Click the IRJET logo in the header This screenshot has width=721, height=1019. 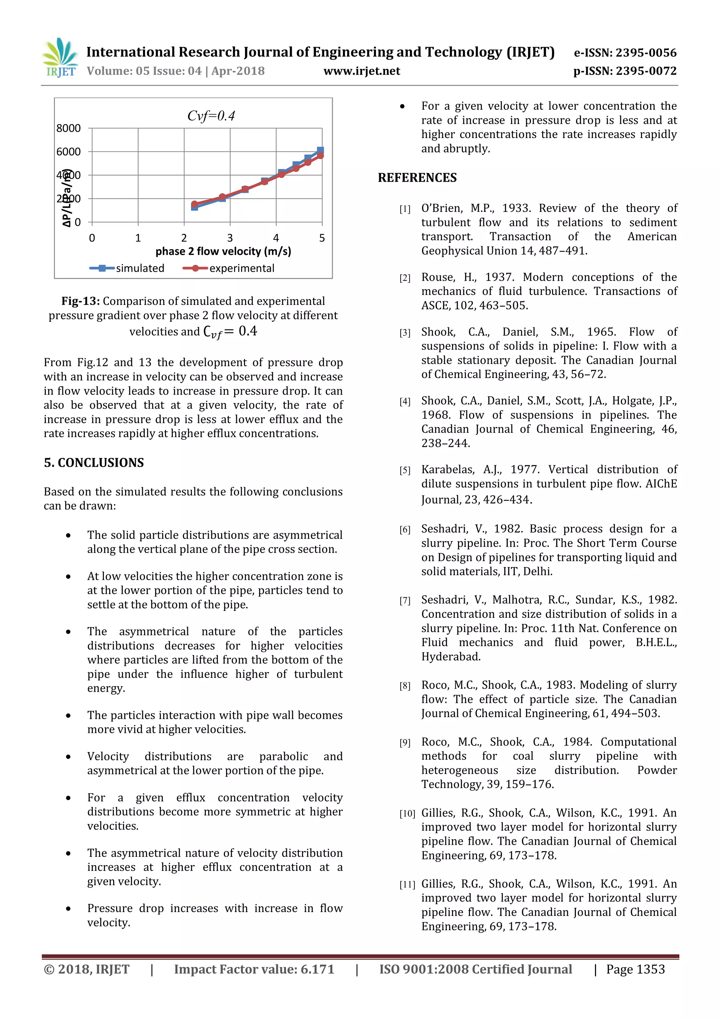(x=60, y=58)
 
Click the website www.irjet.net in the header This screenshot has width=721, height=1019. (x=362, y=71)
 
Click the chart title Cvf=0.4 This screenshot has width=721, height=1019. (x=211, y=116)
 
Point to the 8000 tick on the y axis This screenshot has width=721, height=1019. (x=68, y=128)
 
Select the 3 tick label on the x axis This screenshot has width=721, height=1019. (x=230, y=238)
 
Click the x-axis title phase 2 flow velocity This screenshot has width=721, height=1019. (x=223, y=252)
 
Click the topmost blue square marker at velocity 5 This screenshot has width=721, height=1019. (x=320, y=150)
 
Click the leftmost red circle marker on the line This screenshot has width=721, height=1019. (x=194, y=204)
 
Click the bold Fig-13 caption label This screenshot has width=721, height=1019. (x=80, y=301)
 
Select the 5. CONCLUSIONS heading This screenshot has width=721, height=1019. (x=94, y=463)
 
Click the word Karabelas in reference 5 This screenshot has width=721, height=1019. (x=447, y=470)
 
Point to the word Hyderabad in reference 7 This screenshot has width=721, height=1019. (x=450, y=657)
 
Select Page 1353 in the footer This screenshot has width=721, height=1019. (x=635, y=969)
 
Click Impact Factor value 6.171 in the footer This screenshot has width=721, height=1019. (x=254, y=969)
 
